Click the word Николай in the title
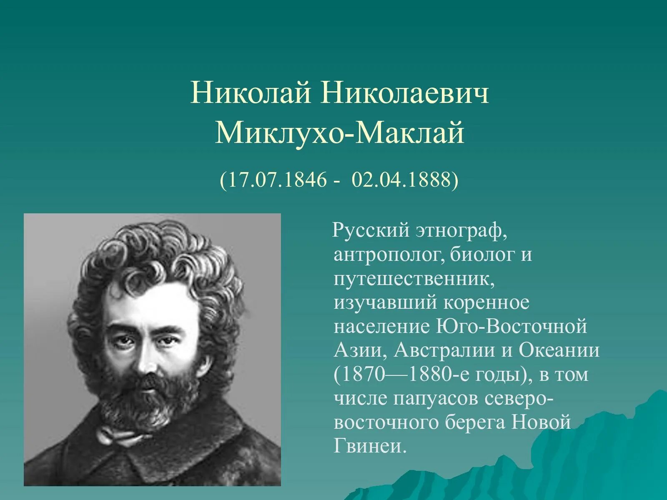(251, 93)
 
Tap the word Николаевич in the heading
(405, 93)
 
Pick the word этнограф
(460, 230)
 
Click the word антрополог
(389, 255)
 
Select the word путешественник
(414, 279)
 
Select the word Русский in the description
(371, 230)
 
